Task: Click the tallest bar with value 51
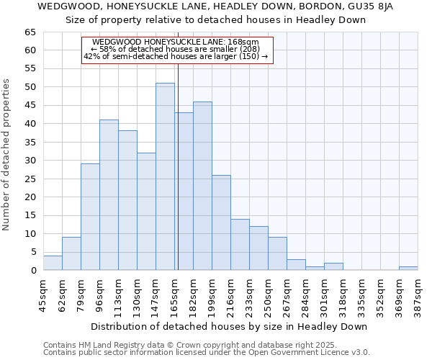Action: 165,176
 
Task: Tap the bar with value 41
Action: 109,194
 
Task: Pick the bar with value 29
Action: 90,217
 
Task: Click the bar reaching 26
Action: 221,222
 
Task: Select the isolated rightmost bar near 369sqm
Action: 408,269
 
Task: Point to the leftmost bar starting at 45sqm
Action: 53,263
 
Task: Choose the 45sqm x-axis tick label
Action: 45,296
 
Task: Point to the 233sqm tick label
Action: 251,296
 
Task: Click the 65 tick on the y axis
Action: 30,32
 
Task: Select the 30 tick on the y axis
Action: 30,161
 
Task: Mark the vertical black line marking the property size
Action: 178,180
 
